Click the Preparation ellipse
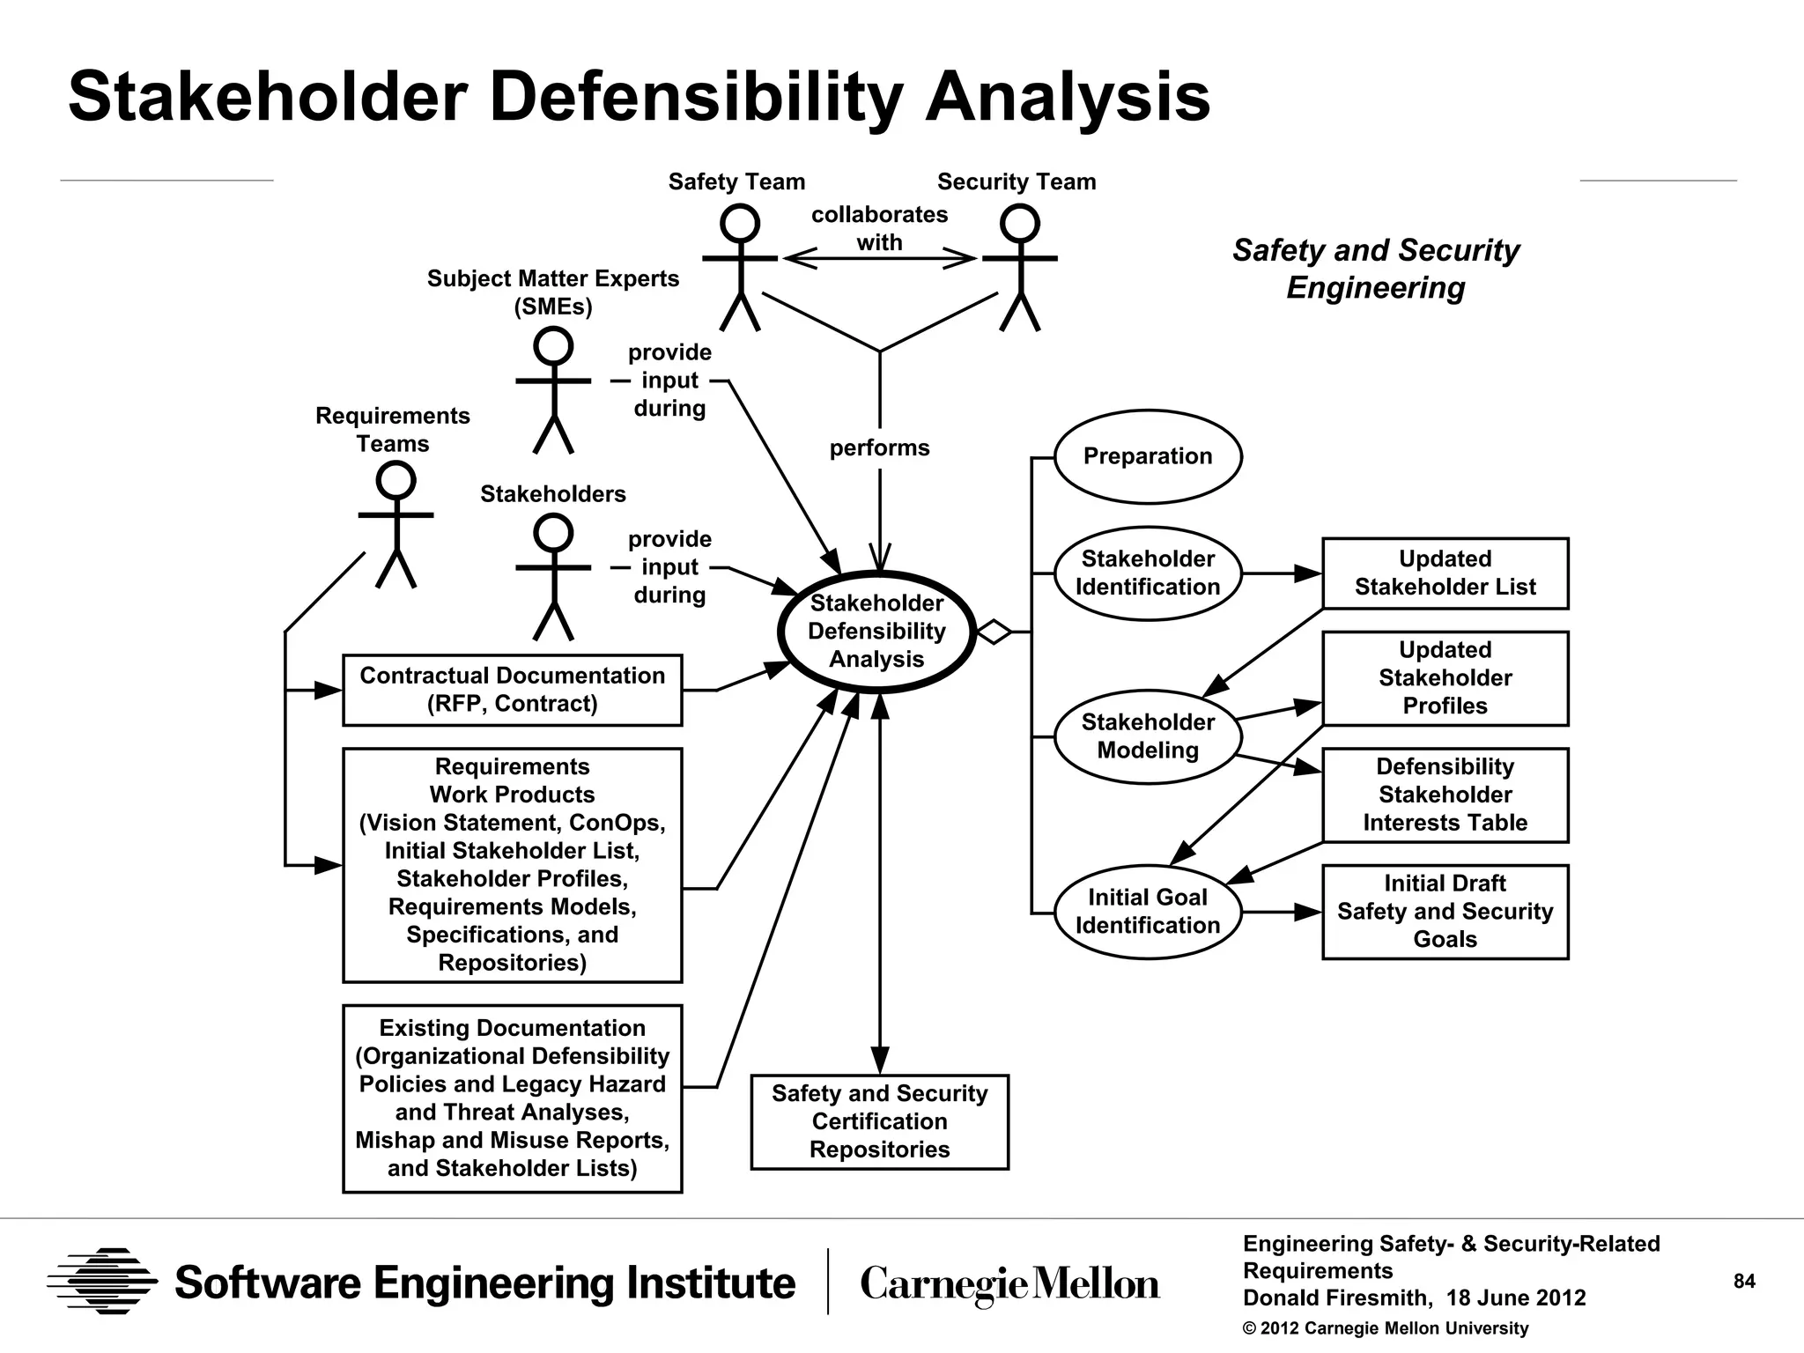pyautogui.click(x=1147, y=456)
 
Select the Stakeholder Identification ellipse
pyautogui.click(x=1147, y=573)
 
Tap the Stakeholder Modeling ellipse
pyautogui.click(x=1147, y=736)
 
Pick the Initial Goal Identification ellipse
pyautogui.click(x=1147, y=912)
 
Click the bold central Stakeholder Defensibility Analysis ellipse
pyautogui.click(x=876, y=632)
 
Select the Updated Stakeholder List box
pyautogui.click(x=1445, y=573)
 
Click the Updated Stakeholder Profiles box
pyautogui.click(x=1445, y=678)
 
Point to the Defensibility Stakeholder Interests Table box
pyautogui.click(x=1445, y=795)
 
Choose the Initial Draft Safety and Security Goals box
pyautogui.click(x=1445, y=912)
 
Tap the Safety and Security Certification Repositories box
pyautogui.click(x=879, y=1121)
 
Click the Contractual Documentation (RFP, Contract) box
pyautogui.click(x=512, y=690)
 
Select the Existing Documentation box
pyautogui.click(x=512, y=1098)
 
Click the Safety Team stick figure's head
pyautogui.click(x=740, y=224)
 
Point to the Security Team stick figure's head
pyautogui.click(x=1020, y=224)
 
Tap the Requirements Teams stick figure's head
pyautogui.click(x=396, y=481)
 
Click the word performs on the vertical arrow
pyautogui.click(x=879, y=448)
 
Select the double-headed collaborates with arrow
pyautogui.click(x=879, y=258)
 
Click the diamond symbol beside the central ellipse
pyautogui.click(x=994, y=632)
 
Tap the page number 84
pyautogui.click(x=1744, y=1282)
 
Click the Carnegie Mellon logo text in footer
pyautogui.click(x=1009, y=1284)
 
